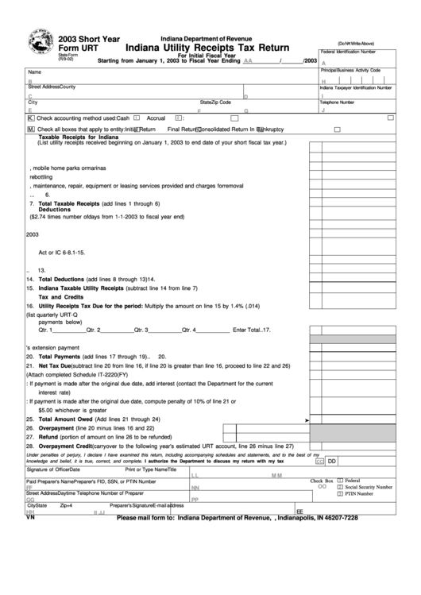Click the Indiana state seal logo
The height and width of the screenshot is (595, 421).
pos(40,40)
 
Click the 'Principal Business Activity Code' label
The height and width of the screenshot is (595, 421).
pos(350,70)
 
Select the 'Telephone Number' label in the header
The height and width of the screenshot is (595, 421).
pos(336,102)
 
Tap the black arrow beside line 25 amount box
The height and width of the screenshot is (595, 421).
pos(307,419)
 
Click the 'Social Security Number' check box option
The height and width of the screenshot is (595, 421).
pos(340,487)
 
